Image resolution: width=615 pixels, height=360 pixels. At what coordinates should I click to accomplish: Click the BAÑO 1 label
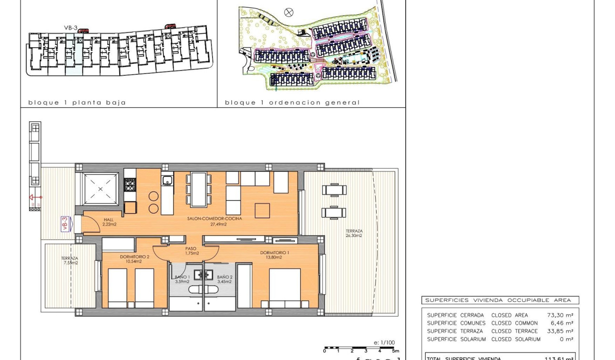pyautogui.click(x=182, y=279)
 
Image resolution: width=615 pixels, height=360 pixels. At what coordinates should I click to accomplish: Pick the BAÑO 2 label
pyautogui.click(x=225, y=279)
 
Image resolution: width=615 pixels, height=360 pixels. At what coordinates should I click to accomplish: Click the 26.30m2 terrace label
pyautogui.click(x=354, y=233)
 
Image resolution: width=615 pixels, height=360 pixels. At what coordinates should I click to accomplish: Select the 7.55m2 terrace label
pyautogui.click(x=70, y=260)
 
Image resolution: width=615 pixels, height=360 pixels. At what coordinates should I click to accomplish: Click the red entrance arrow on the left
pyautogui.click(x=35, y=197)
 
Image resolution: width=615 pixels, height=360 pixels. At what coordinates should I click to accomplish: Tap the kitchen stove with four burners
pyautogui.click(x=130, y=185)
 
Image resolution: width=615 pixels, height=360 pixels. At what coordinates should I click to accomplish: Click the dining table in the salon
pyautogui.click(x=199, y=189)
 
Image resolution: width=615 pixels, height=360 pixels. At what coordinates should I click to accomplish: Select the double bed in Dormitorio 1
pyautogui.click(x=285, y=288)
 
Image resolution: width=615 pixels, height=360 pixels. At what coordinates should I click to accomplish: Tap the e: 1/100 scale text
pyautogui.click(x=384, y=342)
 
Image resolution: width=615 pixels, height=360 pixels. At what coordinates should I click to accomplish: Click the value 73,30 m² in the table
pyautogui.click(x=560, y=315)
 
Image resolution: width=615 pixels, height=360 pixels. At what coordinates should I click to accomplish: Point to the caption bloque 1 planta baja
pyautogui.click(x=77, y=103)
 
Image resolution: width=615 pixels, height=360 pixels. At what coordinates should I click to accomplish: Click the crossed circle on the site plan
pyautogui.click(x=288, y=12)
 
